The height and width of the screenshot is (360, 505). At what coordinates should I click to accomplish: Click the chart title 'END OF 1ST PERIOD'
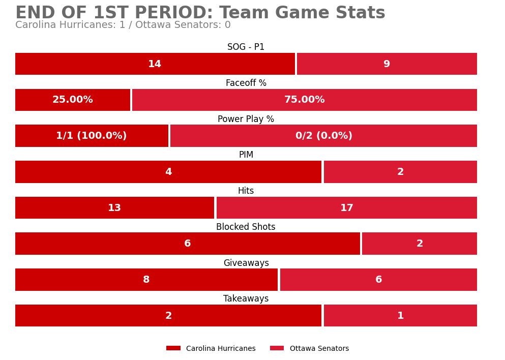point(200,13)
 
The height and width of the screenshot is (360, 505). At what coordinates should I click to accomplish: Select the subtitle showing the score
point(123,25)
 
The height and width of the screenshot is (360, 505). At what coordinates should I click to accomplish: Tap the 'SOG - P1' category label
point(246,47)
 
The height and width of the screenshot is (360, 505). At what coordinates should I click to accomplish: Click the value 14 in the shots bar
point(155,64)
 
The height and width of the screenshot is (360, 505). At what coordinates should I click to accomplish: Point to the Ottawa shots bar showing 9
point(387,64)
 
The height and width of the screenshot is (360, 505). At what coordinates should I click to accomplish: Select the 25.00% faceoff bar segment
point(73,100)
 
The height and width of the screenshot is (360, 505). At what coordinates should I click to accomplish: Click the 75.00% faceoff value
point(304,100)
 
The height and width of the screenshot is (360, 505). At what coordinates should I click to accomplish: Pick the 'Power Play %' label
point(246,119)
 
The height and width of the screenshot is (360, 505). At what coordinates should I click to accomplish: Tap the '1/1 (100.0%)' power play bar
point(92,136)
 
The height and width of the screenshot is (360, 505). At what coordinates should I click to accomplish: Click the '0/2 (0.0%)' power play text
point(323,136)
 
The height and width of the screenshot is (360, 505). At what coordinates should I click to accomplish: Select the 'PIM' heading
point(246,155)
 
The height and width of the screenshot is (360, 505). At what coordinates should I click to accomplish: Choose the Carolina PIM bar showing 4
point(168,172)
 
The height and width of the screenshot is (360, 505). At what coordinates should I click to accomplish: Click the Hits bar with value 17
point(346,208)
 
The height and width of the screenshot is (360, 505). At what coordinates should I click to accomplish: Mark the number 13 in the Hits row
point(114,208)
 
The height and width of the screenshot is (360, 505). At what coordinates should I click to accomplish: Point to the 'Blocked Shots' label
point(246,227)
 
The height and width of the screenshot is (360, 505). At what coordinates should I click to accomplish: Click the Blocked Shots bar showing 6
point(187,244)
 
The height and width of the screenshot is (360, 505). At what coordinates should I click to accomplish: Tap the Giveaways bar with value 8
point(146,280)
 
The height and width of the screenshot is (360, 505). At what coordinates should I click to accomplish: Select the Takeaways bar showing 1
point(400,316)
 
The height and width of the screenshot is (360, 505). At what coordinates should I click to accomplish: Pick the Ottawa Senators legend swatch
point(277,348)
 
